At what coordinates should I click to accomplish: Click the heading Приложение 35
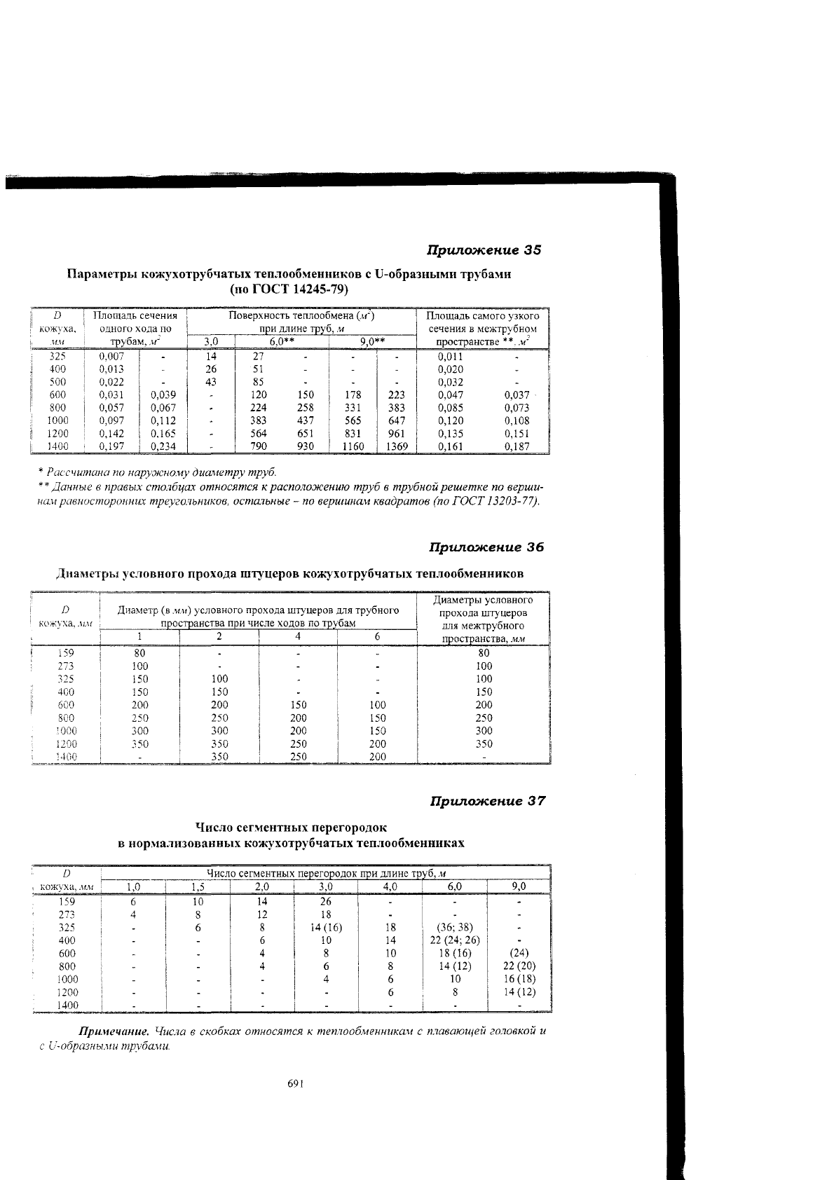(x=485, y=250)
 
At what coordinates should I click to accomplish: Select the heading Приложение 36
(x=486, y=547)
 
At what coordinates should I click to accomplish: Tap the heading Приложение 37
(x=487, y=801)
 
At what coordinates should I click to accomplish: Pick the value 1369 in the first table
(x=397, y=446)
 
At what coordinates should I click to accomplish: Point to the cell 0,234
(x=163, y=446)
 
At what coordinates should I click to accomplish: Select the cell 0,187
(x=517, y=446)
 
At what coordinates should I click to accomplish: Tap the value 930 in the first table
(x=306, y=446)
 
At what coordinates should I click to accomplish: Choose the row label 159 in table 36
(x=65, y=653)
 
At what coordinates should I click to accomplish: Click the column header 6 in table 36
(x=377, y=636)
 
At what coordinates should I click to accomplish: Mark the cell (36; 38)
(x=454, y=927)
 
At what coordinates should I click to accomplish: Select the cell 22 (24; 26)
(x=454, y=940)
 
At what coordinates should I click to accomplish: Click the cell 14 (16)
(x=326, y=927)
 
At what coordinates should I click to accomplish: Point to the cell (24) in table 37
(x=519, y=953)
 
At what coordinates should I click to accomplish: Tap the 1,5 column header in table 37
(x=198, y=887)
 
